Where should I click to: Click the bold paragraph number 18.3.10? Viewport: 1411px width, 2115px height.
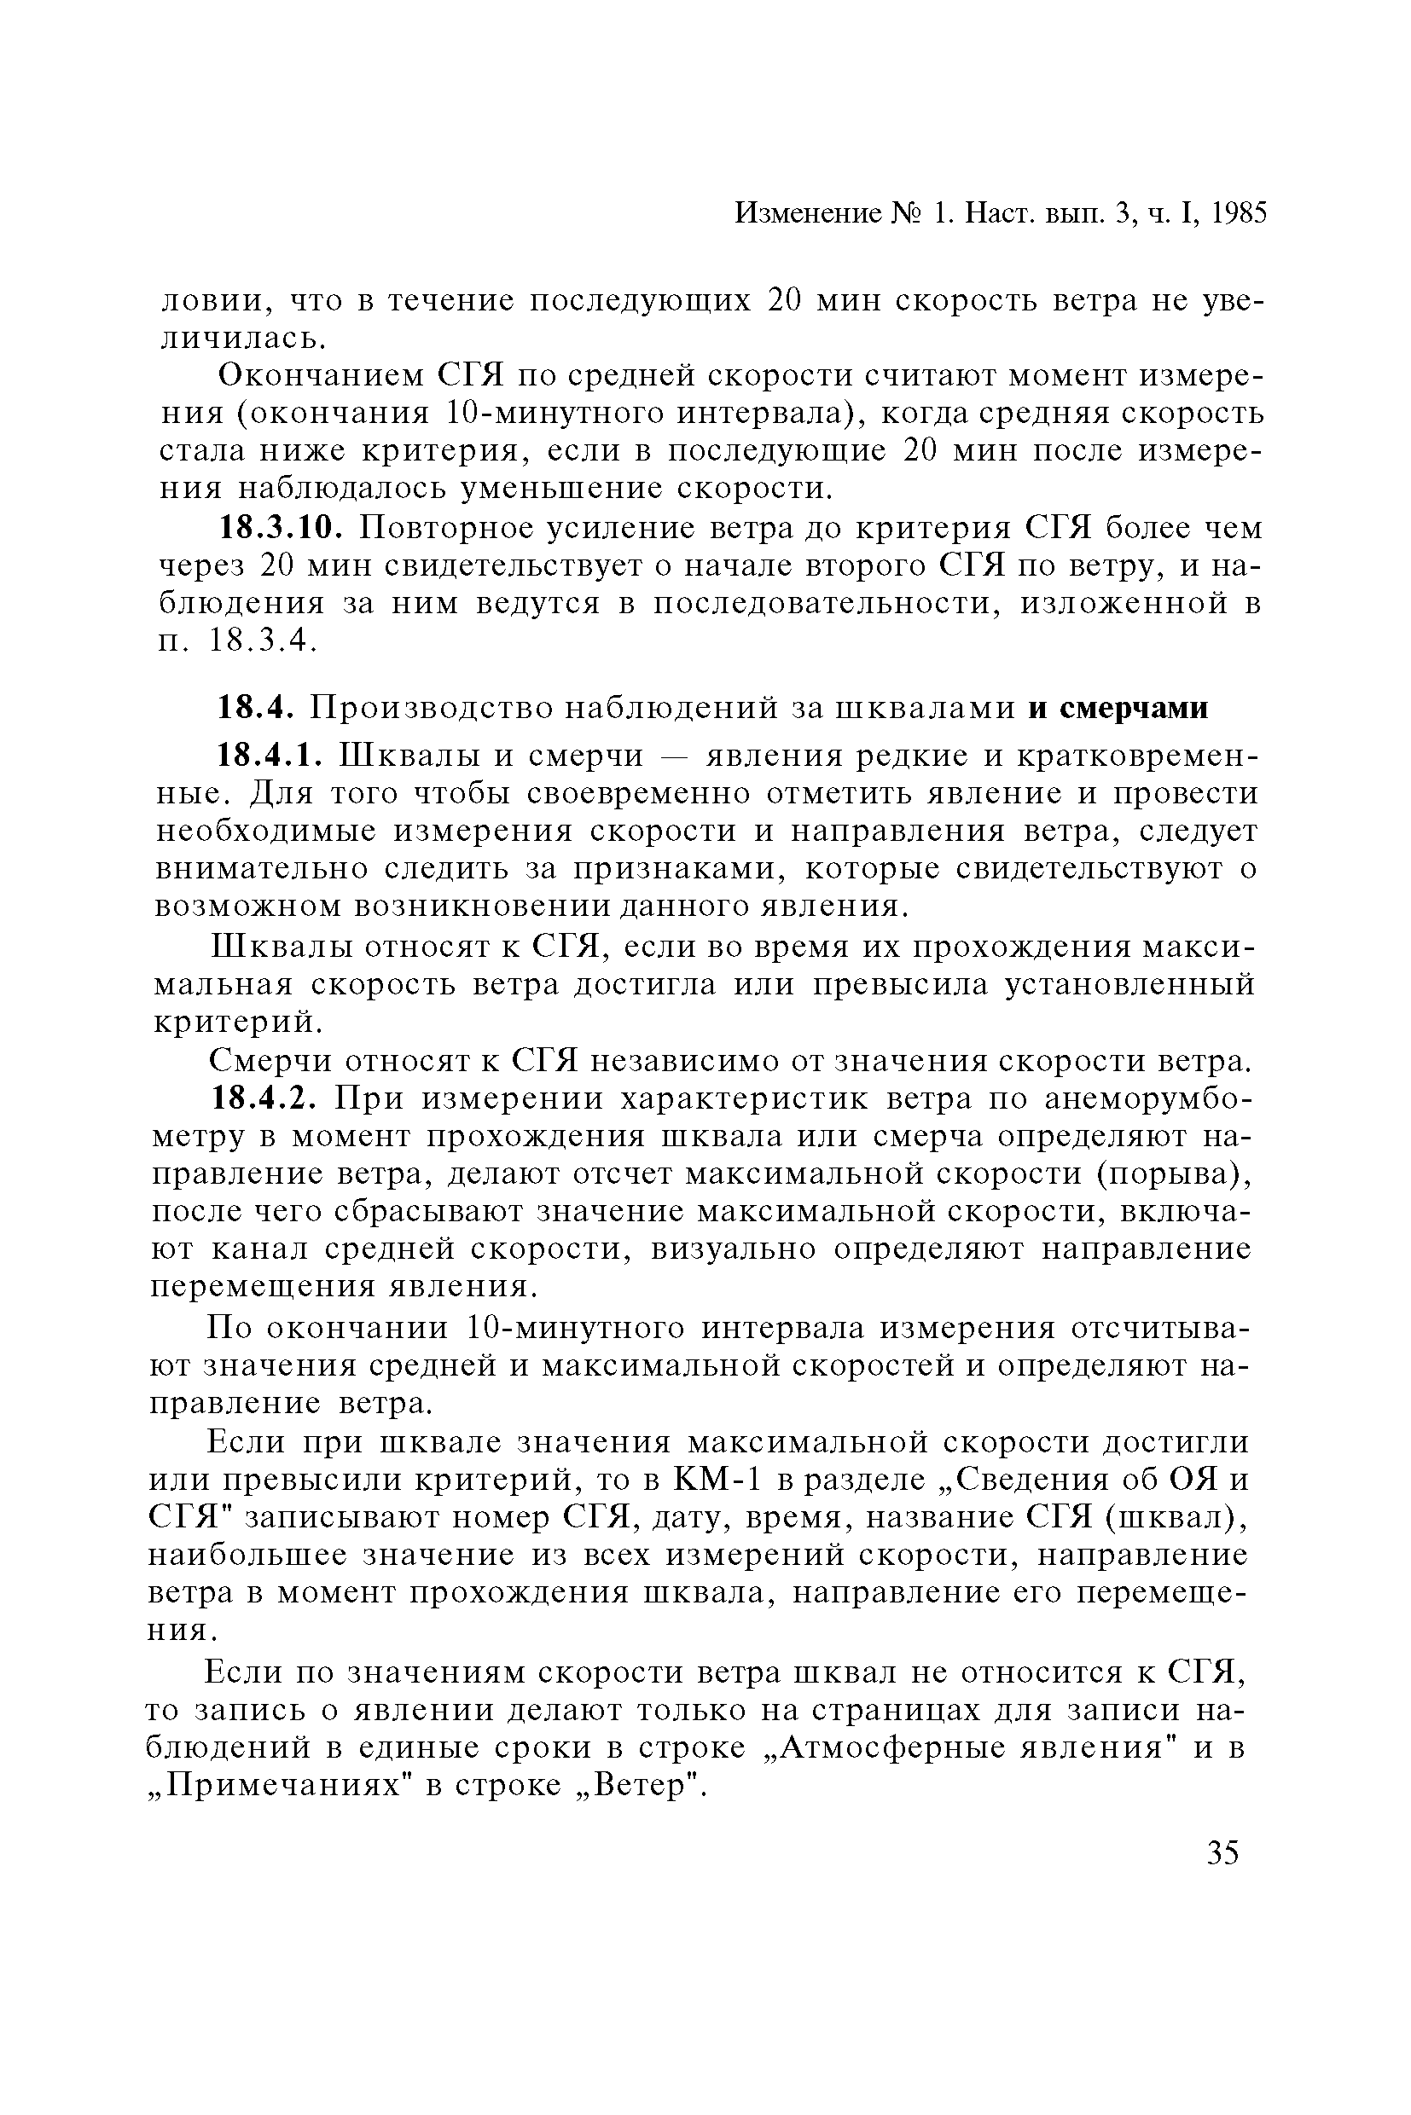point(282,527)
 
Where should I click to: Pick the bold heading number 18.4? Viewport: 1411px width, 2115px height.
point(257,708)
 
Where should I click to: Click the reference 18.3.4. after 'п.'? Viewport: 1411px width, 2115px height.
point(262,640)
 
